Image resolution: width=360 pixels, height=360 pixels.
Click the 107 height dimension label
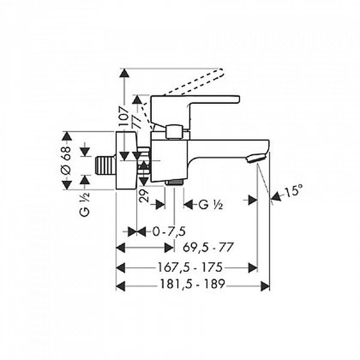pyautogui.click(x=124, y=116)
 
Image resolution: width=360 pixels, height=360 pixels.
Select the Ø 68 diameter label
pyautogui.click(x=66, y=161)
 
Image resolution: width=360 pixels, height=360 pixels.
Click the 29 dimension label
pyautogui.click(x=145, y=196)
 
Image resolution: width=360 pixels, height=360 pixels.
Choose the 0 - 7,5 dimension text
pyautogui.click(x=169, y=232)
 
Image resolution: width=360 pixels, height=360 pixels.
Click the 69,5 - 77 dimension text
pyautogui.click(x=208, y=247)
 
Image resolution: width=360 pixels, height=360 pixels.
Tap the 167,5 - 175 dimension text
pyautogui.click(x=190, y=268)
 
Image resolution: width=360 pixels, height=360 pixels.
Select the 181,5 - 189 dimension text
pyautogui.click(x=192, y=284)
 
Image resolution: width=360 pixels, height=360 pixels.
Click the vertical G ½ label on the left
pyautogui.click(x=85, y=205)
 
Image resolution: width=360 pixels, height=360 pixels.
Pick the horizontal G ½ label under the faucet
pyautogui.click(x=211, y=205)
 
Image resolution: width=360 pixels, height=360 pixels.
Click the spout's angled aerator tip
pyautogui.click(x=256, y=158)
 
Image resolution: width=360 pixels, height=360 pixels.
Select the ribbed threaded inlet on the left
pyautogui.click(x=106, y=164)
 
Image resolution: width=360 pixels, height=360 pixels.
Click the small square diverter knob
pyautogui.click(x=174, y=132)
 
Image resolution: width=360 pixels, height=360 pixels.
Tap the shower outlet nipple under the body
pyautogui.click(x=174, y=182)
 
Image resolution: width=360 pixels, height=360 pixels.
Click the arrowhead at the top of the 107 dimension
pyautogui.click(x=124, y=73)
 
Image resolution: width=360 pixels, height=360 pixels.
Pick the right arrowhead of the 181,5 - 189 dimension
pyautogui.click(x=265, y=286)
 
